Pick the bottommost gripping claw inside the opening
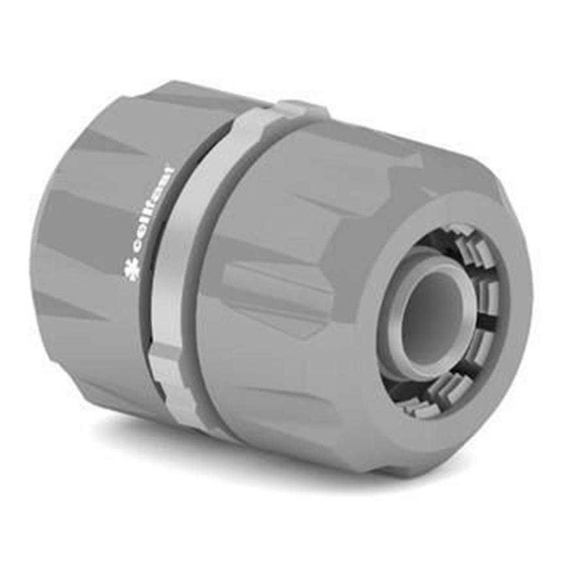point(418,409)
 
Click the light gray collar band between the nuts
point(196,261)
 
